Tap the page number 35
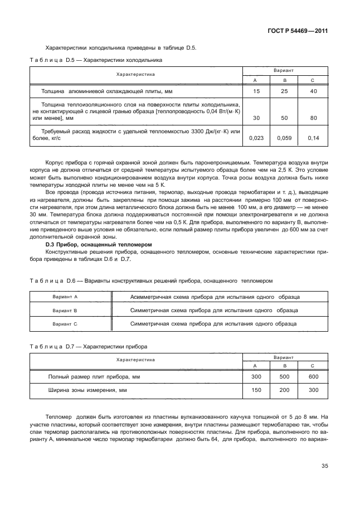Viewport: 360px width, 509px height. [324, 467]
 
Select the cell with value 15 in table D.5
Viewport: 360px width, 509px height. [256, 91]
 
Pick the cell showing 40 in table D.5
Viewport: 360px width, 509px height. [313, 91]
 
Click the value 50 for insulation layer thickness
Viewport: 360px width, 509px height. [285, 118]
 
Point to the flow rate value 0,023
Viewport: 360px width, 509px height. [256, 137]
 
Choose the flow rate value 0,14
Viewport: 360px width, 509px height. [313, 137]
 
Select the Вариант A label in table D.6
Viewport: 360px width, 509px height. [65, 297]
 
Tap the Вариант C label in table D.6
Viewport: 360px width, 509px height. [65, 323]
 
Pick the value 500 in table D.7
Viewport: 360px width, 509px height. [285, 377]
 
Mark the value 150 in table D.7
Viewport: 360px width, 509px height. [256, 391]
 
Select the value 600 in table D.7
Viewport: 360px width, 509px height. [313, 377]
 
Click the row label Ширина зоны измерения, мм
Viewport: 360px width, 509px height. [87, 391]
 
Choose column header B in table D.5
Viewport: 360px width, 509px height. [285, 80]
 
